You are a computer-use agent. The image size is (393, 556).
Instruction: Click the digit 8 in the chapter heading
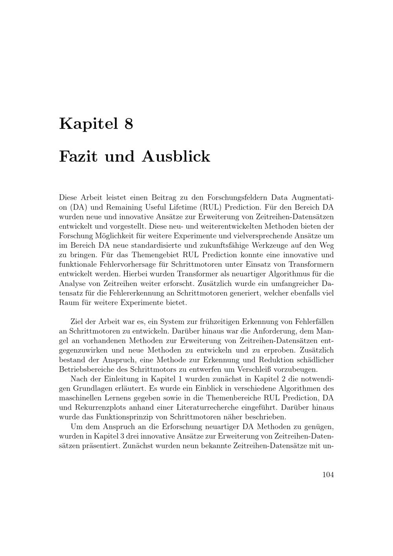129,124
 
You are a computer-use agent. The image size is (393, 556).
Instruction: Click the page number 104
328,475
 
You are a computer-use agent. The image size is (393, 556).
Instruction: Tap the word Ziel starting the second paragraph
77,321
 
